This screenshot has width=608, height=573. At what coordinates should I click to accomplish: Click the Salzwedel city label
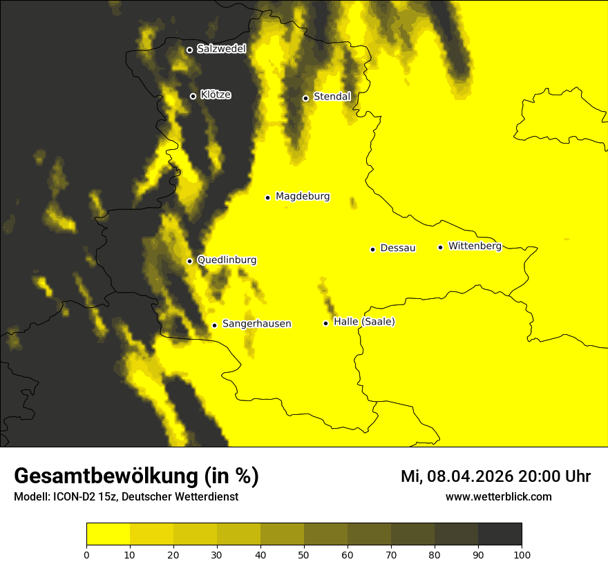tap(221, 49)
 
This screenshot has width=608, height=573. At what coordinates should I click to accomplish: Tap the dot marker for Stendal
tap(305, 98)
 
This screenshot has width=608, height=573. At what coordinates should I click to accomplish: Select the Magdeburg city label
tap(303, 197)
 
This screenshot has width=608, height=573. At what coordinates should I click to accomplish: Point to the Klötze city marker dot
tap(193, 96)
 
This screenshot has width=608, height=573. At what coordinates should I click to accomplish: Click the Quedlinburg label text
tap(227, 260)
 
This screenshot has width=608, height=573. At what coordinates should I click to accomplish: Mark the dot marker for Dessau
tap(372, 249)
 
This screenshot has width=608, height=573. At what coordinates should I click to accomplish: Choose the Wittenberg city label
tap(475, 246)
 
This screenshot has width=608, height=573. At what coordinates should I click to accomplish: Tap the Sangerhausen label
tap(256, 324)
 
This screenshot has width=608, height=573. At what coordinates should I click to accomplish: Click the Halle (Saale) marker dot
tap(325, 323)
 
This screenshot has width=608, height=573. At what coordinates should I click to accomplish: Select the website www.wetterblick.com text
tap(499, 496)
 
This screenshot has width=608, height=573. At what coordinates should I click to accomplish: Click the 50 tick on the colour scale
tap(304, 554)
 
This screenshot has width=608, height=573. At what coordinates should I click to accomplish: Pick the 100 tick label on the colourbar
tap(522, 554)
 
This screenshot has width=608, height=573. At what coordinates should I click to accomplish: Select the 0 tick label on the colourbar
tap(86, 554)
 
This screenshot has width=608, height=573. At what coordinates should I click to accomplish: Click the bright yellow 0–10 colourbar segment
tap(108, 534)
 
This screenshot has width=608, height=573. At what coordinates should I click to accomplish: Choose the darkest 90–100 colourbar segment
tap(500, 534)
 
